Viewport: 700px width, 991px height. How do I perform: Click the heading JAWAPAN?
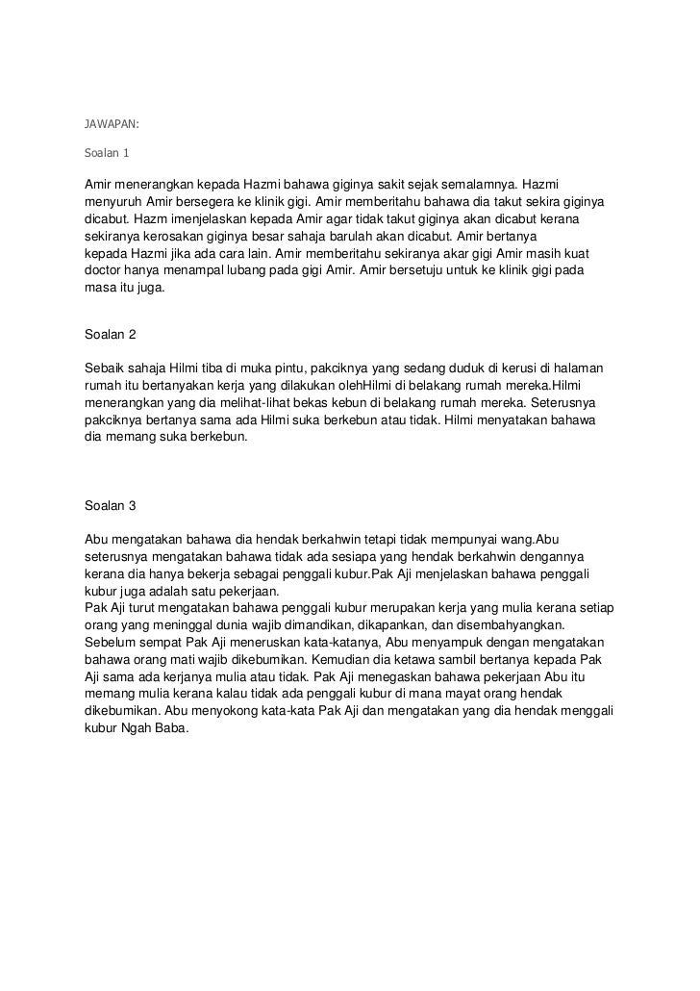112,124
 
